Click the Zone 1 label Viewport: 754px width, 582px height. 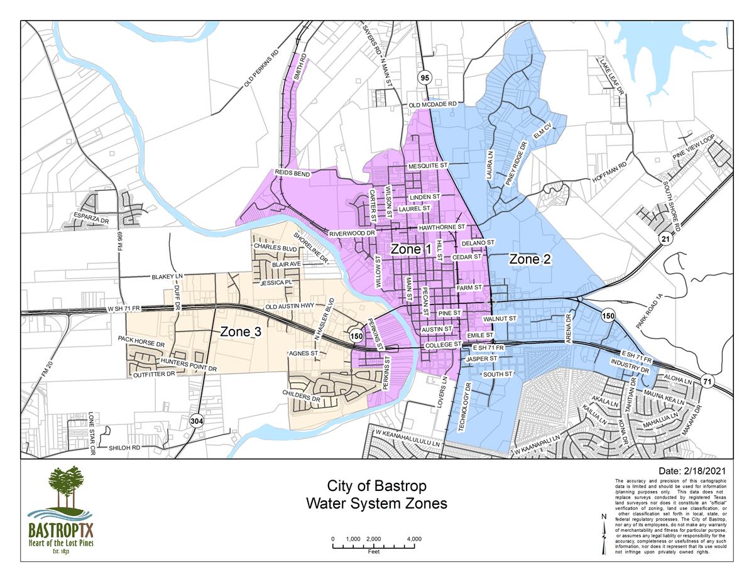411,249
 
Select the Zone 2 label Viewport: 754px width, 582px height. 530,259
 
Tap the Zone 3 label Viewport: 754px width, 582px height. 240,332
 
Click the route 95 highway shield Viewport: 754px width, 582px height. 425,78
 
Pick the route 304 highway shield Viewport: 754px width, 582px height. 197,421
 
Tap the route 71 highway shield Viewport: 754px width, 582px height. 708,381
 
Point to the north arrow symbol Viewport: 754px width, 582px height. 604,534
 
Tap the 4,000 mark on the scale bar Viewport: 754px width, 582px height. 413,539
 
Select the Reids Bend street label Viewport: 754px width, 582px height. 292,173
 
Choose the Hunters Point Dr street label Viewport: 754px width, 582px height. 188,365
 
